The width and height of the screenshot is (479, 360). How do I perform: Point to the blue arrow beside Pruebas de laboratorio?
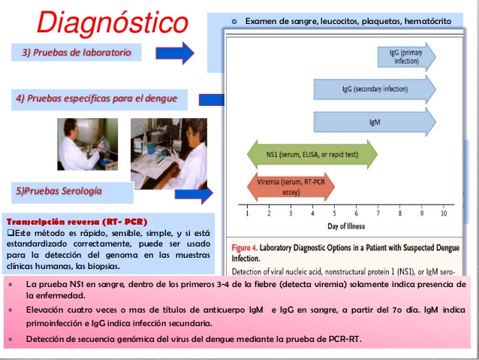point(175,53)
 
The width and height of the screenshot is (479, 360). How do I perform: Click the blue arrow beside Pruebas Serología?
point(194,195)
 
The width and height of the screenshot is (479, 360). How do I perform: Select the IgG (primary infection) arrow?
point(406,56)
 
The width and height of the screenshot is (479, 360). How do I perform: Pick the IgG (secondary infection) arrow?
point(374,89)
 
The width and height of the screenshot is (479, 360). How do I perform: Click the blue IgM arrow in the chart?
point(374,121)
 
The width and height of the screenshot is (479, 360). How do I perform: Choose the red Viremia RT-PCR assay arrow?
point(291,186)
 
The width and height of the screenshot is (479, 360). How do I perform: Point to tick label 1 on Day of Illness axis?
point(248,213)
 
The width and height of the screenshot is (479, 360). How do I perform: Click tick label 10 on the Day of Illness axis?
point(443,213)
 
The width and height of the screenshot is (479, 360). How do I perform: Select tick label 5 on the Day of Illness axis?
point(334,213)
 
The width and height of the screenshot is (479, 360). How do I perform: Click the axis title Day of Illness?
point(346,226)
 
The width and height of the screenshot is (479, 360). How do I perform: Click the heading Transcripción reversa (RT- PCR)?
point(77,222)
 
